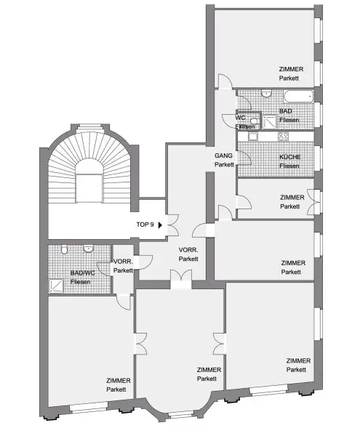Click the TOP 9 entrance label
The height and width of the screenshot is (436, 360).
point(145,225)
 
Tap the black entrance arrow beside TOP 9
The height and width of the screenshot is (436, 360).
point(161,225)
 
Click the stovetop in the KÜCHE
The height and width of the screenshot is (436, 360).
point(283,136)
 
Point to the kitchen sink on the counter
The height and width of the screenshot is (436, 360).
point(253,136)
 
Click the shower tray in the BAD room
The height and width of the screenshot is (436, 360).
point(268,122)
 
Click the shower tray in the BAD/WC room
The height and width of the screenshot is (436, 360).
point(57,286)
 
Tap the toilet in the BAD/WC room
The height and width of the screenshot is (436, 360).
point(65,251)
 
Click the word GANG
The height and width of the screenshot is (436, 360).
point(223,156)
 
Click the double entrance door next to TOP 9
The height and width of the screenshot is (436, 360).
point(172,225)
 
